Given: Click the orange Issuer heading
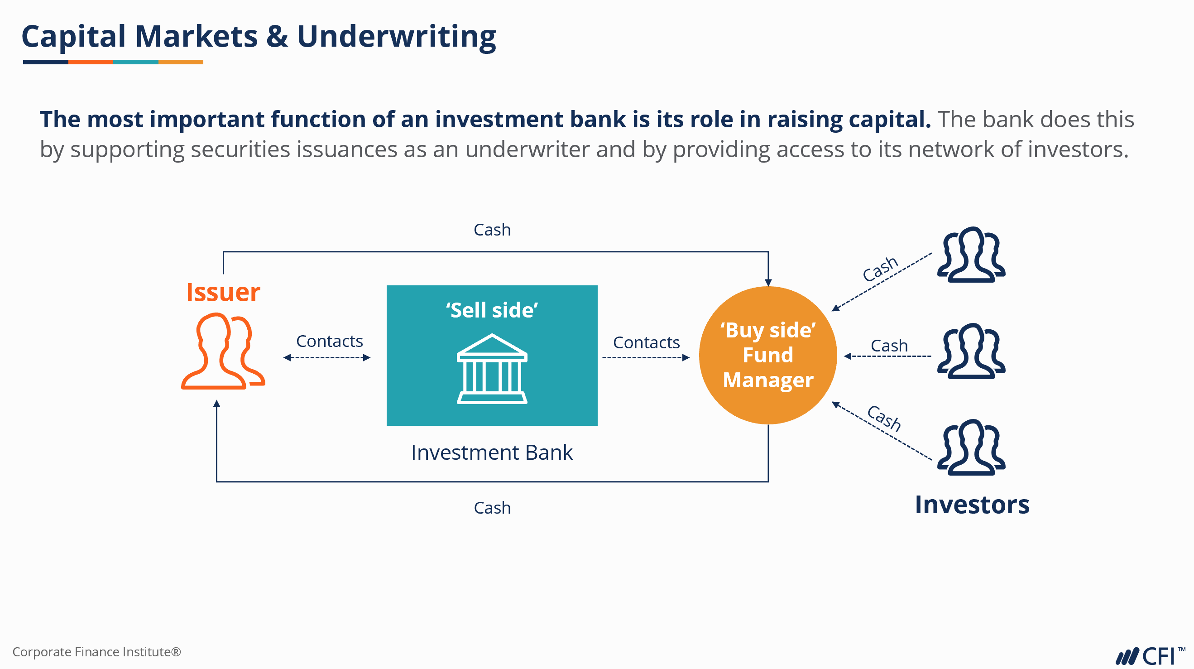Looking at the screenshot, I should pyautogui.click(x=223, y=292).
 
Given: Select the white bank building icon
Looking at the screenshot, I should pyautogui.click(x=492, y=369).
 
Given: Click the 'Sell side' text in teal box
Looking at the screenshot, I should pyautogui.click(x=492, y=310).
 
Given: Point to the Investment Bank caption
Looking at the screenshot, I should pyautogui.click(x=492, y=452).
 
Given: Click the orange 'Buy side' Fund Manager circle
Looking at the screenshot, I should pyautogui.click(x=767, y=355).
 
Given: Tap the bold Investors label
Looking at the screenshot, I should pyautogui.click(x=972, y=505).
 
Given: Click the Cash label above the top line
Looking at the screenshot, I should pyautogui.click(x=492, y=230).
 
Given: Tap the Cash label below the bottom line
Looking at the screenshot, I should pyautogui.click(x=492, y=508).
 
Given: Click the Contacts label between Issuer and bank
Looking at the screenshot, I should pyautogui.click(x=329, y=341).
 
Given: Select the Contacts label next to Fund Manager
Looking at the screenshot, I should pyautogui.click(x=646, y=342).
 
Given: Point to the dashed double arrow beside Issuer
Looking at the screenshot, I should pyautogui.click(x=327, y=357).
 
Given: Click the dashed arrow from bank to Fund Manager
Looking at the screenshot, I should pyautogui.click(x=645, y=357).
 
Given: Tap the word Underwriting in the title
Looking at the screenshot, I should pyautogui.click(x=396, y=37).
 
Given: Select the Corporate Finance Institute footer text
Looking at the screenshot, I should pyautogui.click(x=96, y=652).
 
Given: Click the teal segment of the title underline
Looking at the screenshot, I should pyautogui.click(x=135, y=62).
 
